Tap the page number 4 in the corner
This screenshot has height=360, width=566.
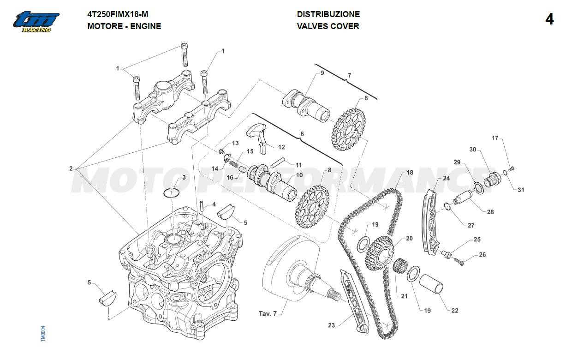(x=549, y=19)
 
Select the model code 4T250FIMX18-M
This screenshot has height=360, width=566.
(x=118, y=14)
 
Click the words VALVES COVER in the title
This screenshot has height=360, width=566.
(x=328, y=26)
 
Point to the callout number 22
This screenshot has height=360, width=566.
(x=455, y=311)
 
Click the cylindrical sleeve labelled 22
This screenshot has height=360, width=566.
(x=433, y=285)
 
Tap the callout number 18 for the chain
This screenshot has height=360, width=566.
(x=409, y=173)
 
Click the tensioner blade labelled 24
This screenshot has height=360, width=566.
(x=429, y=222)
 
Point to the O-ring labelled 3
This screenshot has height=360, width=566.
(x=172, y=192)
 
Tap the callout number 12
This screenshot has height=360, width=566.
(x=281, y=147)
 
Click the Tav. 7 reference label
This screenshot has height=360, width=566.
(x=268, y=314)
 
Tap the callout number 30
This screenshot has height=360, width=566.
(x=472, y=150)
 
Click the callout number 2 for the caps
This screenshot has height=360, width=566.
(x=71, y=168)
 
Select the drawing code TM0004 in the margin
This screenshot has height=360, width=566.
(x=43, y=334)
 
